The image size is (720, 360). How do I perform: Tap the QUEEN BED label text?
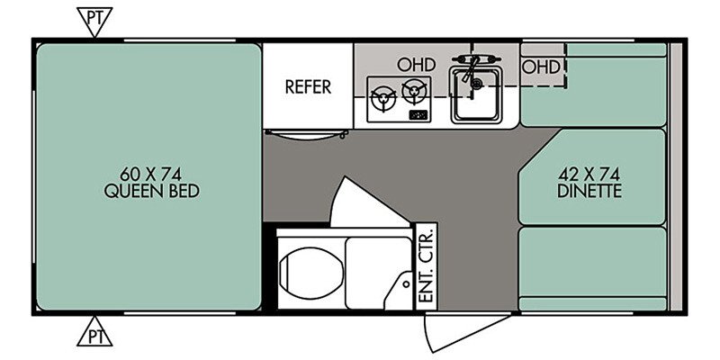(152, 191)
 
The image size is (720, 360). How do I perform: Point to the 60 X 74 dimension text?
(151, 175)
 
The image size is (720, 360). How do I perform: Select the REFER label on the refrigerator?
(308, 86)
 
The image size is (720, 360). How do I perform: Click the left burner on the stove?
(383, 98)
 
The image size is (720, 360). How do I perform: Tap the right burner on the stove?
(414, 91)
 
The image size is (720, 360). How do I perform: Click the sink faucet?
(474, 65)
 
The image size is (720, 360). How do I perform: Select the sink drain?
(478, 84)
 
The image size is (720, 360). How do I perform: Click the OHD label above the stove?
(416, 65)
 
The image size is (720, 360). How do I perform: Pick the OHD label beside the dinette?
(542, 67)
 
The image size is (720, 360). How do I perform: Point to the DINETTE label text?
(589, 191)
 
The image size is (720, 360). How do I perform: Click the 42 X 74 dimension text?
(589, 175)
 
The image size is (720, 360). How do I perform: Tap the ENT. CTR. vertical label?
(427, 265)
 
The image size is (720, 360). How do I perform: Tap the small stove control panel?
(418, 115)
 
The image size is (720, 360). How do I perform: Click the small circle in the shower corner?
(406, 284)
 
